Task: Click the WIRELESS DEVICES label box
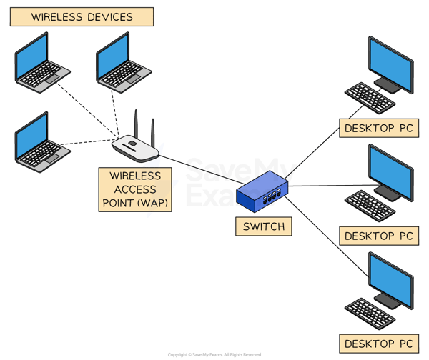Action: tap(82, 16)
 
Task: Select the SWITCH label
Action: tap(264, 227)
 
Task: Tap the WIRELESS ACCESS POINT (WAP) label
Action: tap(136, 189)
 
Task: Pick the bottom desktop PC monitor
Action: tap(390, 279)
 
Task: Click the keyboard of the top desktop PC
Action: tap(370, 98)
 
